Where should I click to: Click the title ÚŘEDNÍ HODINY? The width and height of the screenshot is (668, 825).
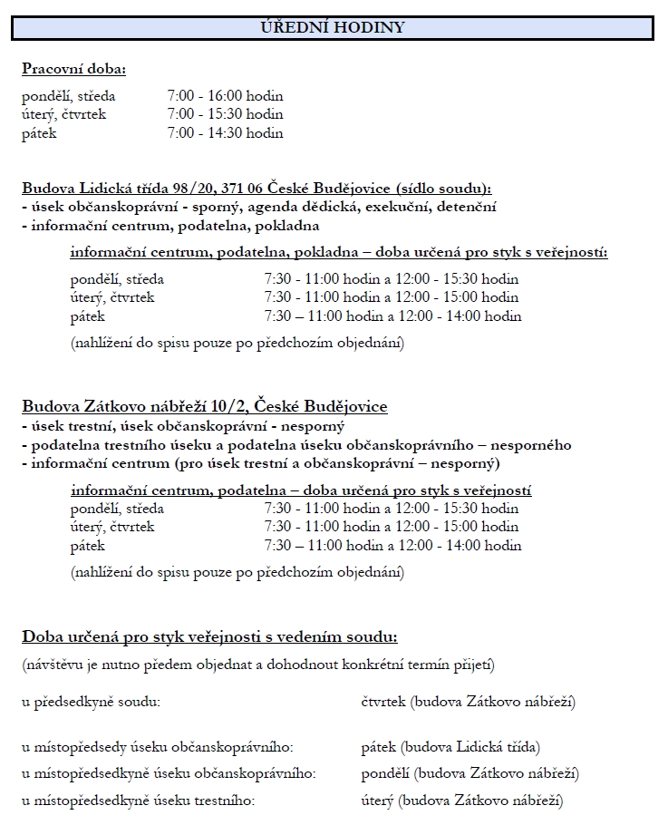point(332,28)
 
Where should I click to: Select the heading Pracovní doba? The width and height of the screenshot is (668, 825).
point(73,69)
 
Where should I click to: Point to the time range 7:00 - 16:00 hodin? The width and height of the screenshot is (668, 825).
point(225,95)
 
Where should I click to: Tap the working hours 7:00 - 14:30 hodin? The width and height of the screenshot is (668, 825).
point(225,133)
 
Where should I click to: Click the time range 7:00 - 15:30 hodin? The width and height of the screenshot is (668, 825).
point(225,114)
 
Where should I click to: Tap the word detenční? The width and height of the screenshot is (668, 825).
point(467,207)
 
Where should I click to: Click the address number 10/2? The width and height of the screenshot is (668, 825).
point(232,406)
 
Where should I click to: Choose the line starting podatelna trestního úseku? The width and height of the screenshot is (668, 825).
point(296,444)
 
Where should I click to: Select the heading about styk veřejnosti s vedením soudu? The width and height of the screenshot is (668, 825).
point(209,636)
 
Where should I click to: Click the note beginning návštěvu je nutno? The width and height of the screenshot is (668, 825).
point(258,665)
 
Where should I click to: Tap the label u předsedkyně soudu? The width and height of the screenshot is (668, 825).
point(91,702)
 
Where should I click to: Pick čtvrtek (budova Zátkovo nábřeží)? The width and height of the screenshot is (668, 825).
point(468,702)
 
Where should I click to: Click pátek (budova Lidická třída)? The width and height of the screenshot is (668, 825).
point(450,747)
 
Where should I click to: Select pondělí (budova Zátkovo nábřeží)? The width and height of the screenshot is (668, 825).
point(470,773)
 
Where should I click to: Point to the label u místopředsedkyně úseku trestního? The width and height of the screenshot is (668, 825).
point(139,801)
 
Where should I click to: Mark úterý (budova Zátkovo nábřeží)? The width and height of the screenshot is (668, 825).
point(461,801)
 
